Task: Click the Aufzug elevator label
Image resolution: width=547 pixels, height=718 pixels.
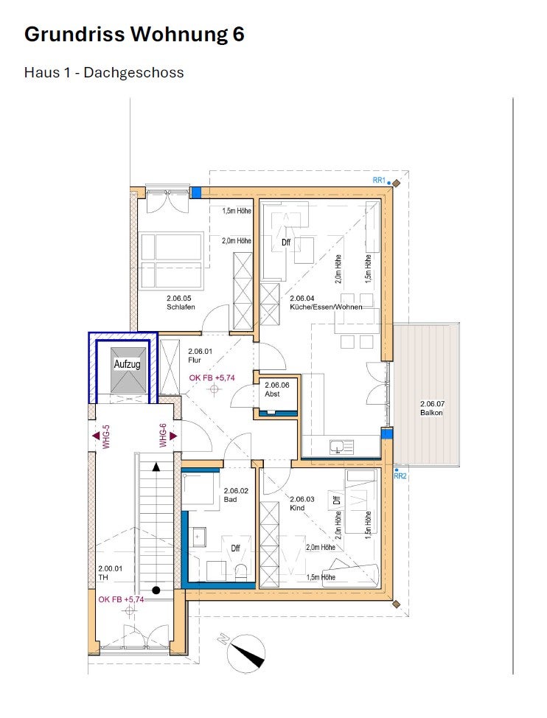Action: tap(127, 364)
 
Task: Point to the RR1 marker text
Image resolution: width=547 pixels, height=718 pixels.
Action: tap(379, 181)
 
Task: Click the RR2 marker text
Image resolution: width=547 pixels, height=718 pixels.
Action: tap(400, 476)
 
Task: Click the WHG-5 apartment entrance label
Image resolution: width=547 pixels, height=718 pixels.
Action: tap(106, 437)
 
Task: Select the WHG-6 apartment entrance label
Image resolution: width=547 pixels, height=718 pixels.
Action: tap(163, 436)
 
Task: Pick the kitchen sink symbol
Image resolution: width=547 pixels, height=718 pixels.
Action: tap(342, 447)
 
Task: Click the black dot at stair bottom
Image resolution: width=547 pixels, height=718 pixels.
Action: tap(156, 590)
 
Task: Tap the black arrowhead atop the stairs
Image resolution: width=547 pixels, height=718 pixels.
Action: tap(156, 467)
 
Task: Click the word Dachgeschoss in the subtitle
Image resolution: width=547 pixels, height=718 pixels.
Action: tap(133, 72)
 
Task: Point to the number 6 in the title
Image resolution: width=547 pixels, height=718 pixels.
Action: tap(237, 35)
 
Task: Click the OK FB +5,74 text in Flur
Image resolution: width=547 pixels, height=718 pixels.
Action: tap(212, 377)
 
